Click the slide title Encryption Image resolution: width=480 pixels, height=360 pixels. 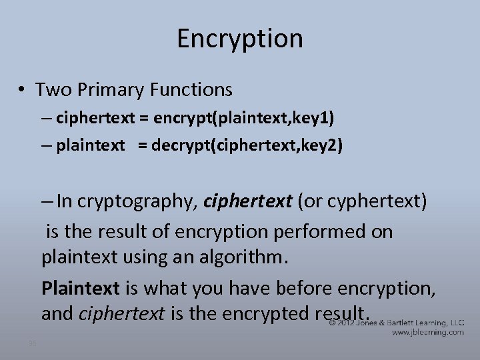(x=240, y=39)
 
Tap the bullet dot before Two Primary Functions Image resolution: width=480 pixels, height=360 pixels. (x=22, y=89)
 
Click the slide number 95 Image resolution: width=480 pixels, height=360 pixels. (x=33, y=343)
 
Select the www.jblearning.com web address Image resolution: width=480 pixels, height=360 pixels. (x=428, y=332)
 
